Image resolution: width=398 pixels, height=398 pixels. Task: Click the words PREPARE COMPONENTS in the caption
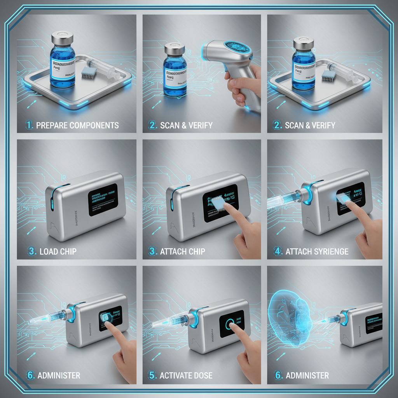pos(77,126)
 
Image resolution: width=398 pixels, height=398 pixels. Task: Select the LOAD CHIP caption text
pos(58,251)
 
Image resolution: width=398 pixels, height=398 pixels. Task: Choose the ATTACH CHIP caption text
pos(183,251)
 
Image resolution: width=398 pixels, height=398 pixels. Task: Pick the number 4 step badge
pos(278,251)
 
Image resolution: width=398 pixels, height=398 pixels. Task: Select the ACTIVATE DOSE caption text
pos(186,375)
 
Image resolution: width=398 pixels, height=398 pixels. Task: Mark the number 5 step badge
pos(153,375)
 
